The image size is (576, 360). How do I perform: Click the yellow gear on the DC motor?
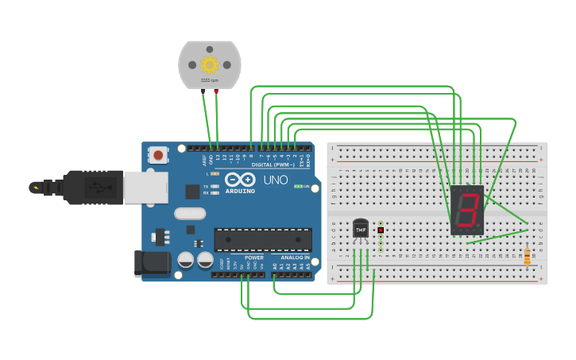click(210, 64)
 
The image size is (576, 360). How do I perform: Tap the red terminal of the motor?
click(216, 91)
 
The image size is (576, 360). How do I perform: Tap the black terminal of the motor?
click(203, 91)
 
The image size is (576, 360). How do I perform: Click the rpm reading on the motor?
click(210, 80)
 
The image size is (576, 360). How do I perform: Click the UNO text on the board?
click(275, 180)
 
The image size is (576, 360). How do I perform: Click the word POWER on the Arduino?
click(254, 257)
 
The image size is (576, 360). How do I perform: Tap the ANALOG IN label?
click(294, 257)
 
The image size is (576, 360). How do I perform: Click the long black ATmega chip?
click(262, 240)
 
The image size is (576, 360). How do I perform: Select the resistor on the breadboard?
click(527, 255)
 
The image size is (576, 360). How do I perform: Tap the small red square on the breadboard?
click(381, 230)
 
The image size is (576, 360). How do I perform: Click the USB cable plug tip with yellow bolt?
click(36, 188)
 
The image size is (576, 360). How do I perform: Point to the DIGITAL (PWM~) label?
click(273, 165)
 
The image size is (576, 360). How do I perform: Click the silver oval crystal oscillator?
click(190, 213)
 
